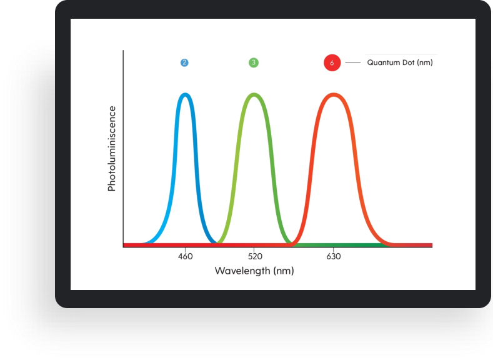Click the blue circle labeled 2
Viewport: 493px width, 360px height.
184,62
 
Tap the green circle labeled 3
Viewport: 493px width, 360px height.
254,62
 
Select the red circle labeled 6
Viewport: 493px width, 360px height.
332,62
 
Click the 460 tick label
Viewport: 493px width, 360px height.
185,256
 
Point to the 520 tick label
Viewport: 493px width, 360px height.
255,256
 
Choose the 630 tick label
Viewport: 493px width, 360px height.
334,256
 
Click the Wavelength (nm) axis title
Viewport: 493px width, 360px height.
254,271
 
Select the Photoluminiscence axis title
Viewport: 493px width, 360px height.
112,148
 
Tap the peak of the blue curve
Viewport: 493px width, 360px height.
185,94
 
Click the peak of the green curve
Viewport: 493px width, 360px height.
254,94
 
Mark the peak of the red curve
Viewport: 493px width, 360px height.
334,94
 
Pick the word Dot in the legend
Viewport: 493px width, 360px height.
409,62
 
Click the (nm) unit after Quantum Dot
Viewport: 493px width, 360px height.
425,62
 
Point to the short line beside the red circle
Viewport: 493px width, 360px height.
353,63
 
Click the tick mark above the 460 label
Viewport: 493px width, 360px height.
185,249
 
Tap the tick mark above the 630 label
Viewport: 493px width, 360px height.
334,249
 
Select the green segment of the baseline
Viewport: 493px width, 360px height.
339,245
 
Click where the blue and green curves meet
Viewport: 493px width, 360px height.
217,242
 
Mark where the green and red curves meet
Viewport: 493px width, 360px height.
292,242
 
